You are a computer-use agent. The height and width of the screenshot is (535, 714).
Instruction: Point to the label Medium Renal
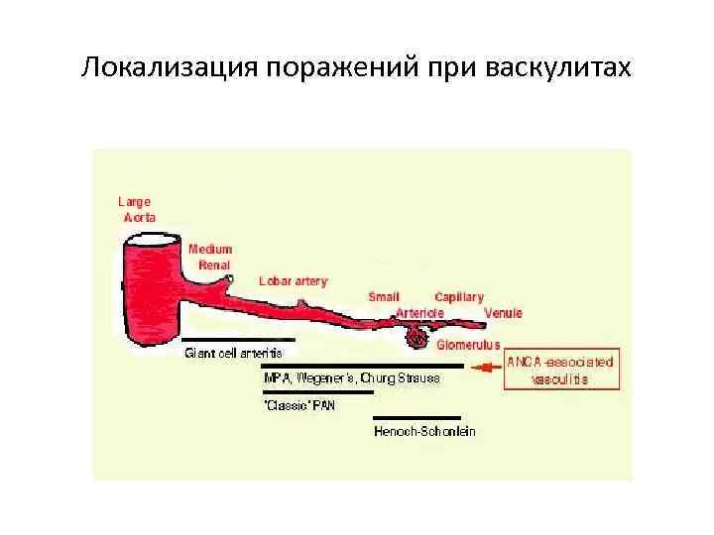click(x=210, y=258)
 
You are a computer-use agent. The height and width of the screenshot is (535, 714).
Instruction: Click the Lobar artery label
click(x=293, y=281)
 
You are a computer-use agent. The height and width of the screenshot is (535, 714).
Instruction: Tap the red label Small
click(x=385, y=296)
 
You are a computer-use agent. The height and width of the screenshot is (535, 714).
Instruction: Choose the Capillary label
click(x=459, y=296)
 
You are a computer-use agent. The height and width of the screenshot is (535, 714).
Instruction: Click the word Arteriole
click(x=418, y=312)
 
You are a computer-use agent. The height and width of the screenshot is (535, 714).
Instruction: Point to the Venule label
click(x=503, y=314)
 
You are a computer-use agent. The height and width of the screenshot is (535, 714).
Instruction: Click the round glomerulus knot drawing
click(x=418, y=340)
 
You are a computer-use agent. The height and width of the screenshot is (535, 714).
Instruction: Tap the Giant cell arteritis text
click(x=234, y=353)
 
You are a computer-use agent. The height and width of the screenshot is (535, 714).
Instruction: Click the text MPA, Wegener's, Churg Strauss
click(x=351, y=377)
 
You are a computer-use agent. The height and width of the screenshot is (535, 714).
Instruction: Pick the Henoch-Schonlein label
click(x=424, y=431)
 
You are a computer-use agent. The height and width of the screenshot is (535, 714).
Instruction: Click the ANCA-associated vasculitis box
click(x=560, y=371)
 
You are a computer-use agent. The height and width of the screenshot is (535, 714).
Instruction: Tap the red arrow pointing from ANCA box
click(x=486, y=368)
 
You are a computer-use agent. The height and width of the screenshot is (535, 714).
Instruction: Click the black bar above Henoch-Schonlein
click(x=416, y=418)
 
